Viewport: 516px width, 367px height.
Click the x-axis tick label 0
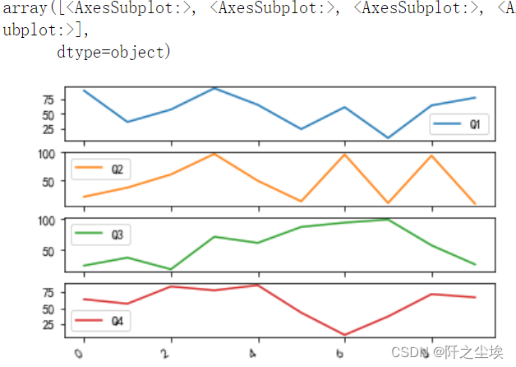coord(80,353)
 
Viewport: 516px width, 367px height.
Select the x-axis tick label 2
coord(168,353)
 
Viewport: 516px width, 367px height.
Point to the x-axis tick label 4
coord(256,353)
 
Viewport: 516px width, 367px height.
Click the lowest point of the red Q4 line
coord(345,335)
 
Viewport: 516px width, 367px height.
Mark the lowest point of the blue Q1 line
coord(389,138)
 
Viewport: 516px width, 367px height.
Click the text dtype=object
coord(113,53)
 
